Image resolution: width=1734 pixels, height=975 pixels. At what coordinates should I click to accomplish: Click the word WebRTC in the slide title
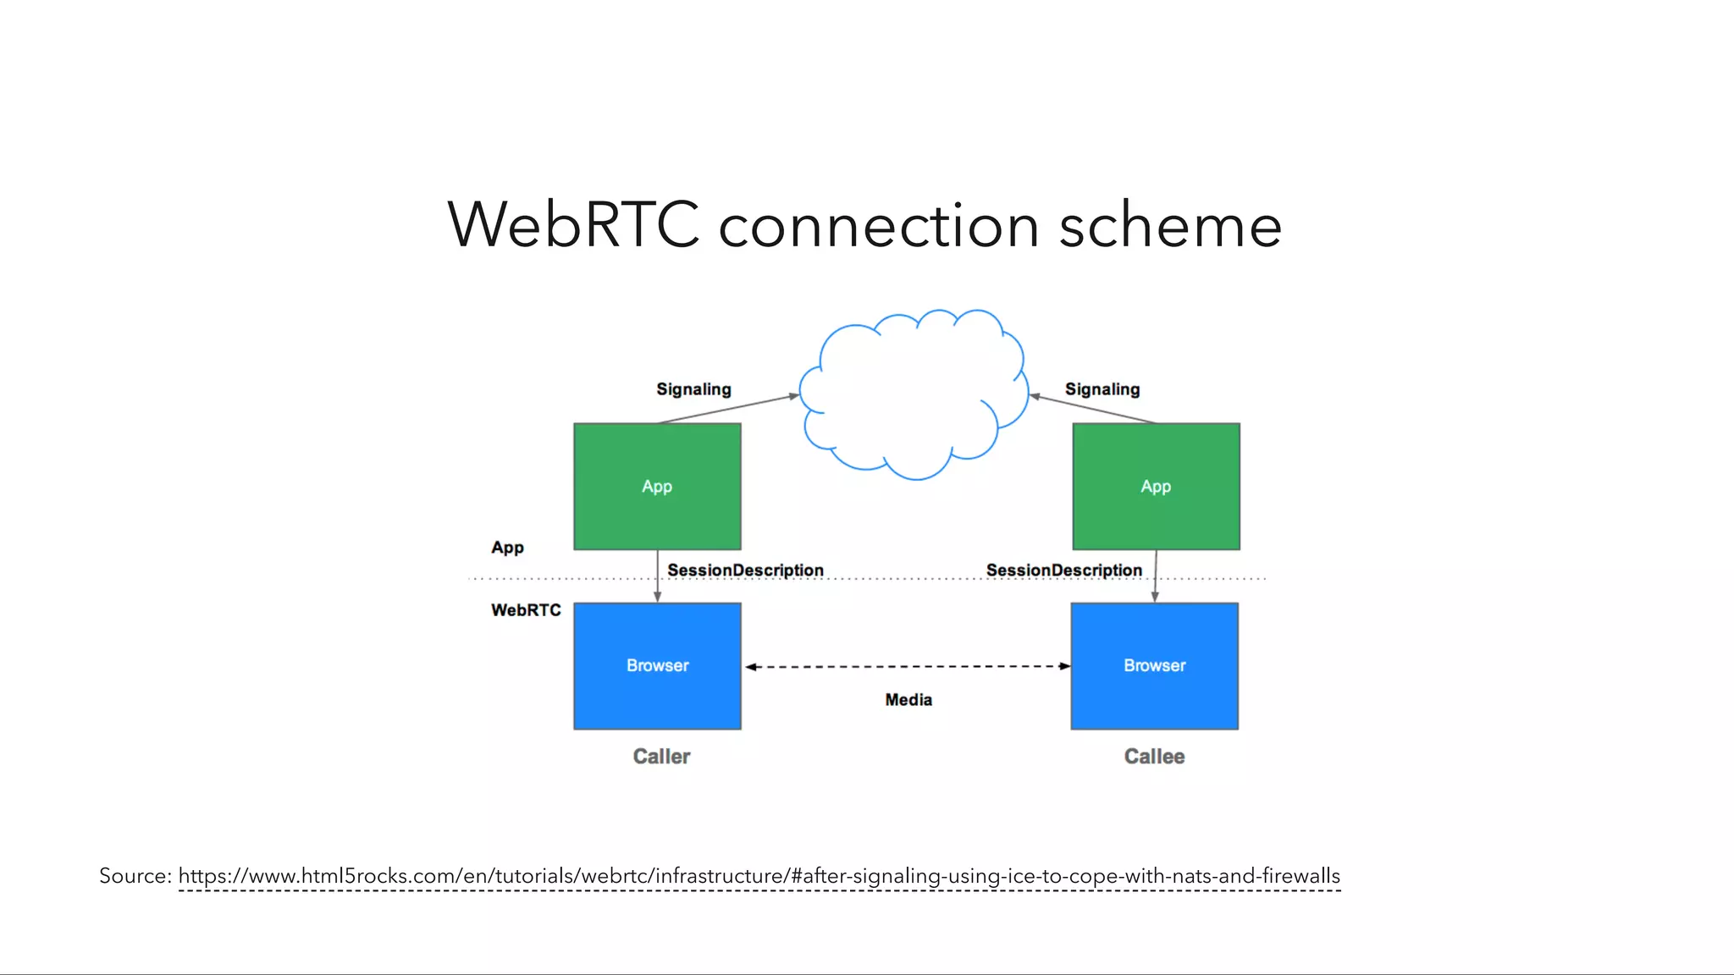click(x=573, y=225)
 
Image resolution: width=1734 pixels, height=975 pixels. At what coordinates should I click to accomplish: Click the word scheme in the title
click(x=1170, y=225)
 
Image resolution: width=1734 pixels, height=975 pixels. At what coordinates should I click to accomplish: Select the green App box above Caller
click(x=657, y=487)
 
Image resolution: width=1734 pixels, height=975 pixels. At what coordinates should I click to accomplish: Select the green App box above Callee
click(x=1156, y=487)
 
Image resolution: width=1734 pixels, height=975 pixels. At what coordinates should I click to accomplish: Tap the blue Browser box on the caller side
click(x=657, y=666)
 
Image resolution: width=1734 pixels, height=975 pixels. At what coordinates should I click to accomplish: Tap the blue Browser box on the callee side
click(x=1154, y=666)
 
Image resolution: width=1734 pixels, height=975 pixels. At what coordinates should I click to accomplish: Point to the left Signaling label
click(x=693, y=389)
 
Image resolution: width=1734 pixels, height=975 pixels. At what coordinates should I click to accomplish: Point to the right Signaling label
click(x=1102, y=389)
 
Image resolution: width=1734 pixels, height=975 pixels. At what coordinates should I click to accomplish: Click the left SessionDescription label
click(x=745, y=570)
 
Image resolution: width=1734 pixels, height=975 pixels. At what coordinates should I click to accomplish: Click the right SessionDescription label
click(x=1063, y=570)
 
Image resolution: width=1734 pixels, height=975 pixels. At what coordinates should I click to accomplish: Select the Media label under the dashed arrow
click(x=908, y=700)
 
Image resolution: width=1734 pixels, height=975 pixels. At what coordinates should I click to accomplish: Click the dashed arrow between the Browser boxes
click(x=908, y=667)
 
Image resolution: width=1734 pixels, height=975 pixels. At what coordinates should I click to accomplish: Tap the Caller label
click(x=661, y=757)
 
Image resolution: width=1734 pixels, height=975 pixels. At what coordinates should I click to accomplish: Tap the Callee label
click(x=1154, y=757)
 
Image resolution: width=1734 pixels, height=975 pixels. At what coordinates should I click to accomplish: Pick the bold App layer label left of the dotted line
click(x=507, y=548)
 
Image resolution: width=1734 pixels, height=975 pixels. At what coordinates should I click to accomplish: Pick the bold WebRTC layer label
click(x=526, y=610)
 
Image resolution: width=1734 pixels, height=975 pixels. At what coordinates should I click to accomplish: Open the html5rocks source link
click(x=759, y=876)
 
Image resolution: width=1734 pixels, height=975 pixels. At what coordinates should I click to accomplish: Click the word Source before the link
click(x=134, y=876)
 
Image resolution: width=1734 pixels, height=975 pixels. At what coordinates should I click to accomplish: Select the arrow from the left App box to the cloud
click(x=728, y=409)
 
